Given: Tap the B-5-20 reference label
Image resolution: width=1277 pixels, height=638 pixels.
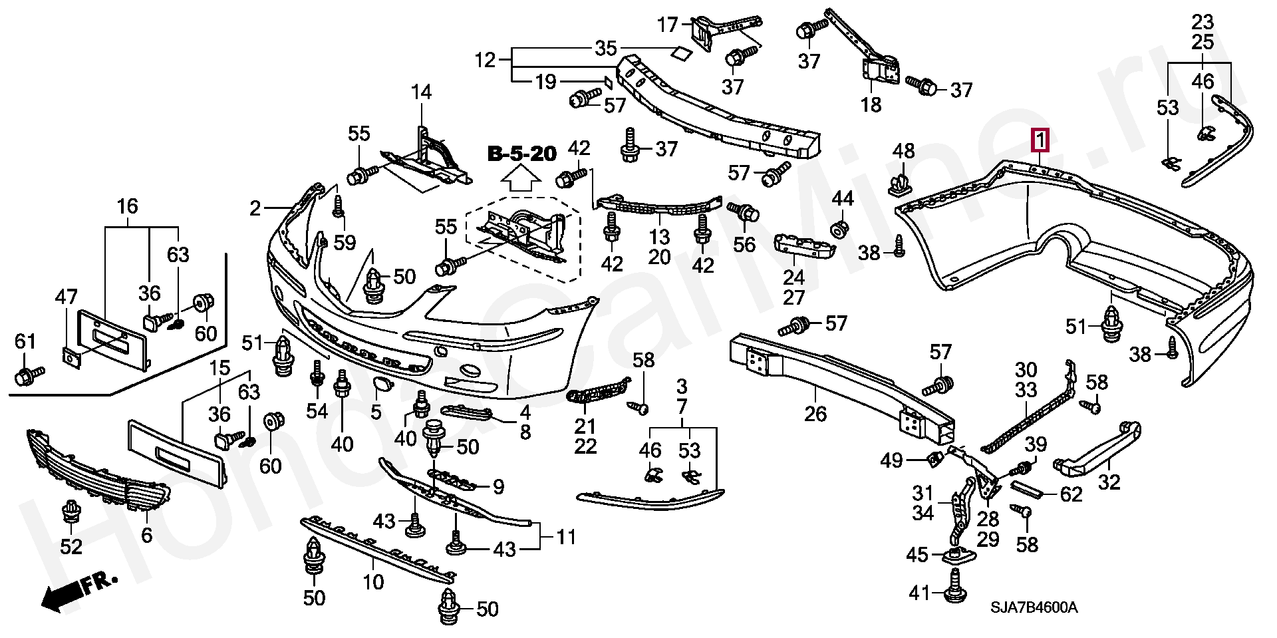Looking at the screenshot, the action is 522,154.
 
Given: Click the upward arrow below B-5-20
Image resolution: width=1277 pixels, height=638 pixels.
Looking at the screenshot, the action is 521,179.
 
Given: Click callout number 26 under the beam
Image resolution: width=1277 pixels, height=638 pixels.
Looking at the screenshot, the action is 815,414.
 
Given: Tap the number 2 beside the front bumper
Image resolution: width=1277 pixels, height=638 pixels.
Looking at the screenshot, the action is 255,209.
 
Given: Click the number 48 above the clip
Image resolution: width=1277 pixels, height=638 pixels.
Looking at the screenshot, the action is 903,152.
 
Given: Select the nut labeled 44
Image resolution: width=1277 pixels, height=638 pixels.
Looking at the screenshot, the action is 839,230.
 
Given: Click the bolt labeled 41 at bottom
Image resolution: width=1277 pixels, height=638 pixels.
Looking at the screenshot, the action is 955,591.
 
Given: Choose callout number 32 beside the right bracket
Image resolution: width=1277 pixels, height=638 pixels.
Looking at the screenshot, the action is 1109,481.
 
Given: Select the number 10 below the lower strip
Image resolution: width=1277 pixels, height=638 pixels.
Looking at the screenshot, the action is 373,582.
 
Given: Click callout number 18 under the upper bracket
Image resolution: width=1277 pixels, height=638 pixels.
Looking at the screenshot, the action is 871,104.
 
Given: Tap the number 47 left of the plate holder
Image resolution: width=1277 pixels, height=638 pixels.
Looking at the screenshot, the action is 67,297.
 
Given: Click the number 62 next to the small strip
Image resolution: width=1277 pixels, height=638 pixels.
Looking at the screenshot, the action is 1071,494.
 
